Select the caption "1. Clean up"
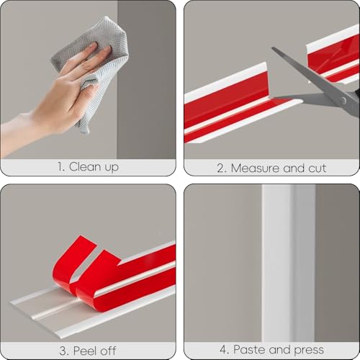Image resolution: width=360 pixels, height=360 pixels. point(88,167)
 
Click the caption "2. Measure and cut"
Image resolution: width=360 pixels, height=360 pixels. point(271,168)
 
